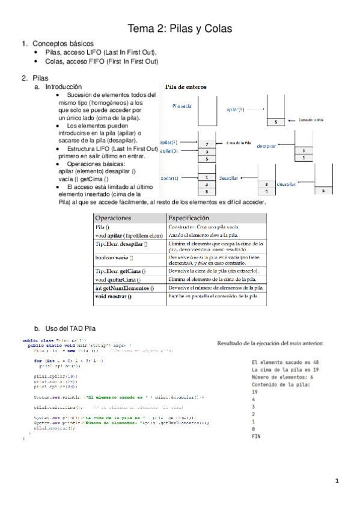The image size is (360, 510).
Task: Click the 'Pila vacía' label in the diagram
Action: click(182, 106)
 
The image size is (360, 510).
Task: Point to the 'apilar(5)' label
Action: click(236, 109)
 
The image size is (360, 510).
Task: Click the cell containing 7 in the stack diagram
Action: click(206, 144)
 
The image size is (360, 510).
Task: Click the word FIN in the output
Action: click(290, 435)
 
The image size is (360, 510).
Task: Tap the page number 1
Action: click(338, 481)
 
